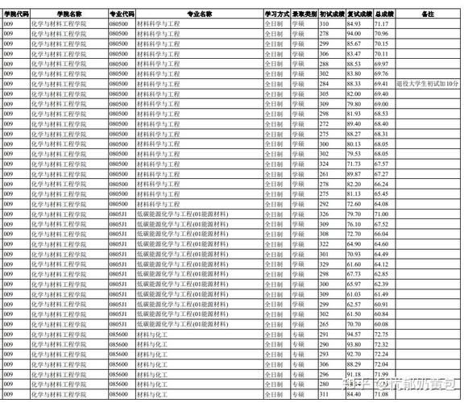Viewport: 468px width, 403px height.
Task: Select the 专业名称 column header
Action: pyautogui.click(x=199, y=15)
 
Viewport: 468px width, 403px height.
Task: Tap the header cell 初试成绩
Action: pyautogui.click(x=329, y=15)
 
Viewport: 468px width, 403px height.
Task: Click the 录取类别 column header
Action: pyautogui.click(x=303, y=15)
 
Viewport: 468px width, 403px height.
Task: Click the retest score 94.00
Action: pyautogui.click(x=354, y=34)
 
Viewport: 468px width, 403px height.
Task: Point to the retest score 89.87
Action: pyautogui.click(x=354, y=173)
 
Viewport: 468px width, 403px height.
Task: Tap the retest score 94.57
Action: pyautogui.click(x=354, y=334)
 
